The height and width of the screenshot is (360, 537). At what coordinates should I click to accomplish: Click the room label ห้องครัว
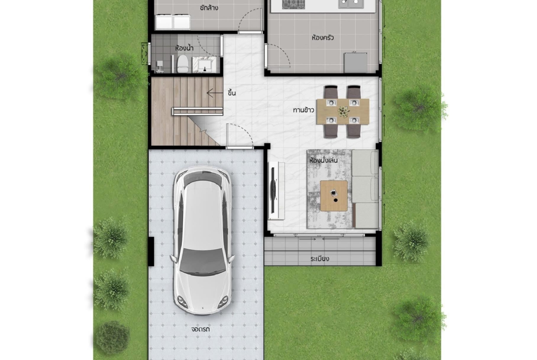[x=323, y=38]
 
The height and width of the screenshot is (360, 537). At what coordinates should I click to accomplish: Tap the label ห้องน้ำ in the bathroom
[x=184, y=48]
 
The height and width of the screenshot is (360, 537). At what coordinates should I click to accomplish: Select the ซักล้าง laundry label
[x=209, y=7]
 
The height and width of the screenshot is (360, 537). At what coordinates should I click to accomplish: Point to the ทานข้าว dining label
[x=303, y=110]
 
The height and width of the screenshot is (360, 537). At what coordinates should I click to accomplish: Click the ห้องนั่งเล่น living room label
[x=323, y=160]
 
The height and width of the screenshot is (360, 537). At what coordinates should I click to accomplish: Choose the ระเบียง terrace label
[x=320, y=259]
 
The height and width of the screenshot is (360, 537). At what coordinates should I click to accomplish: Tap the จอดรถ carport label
[x=201, y=329]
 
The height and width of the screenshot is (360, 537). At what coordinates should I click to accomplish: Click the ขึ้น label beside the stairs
[x=231, y=93]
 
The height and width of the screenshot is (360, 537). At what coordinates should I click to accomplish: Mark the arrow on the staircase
[x=215, y=93]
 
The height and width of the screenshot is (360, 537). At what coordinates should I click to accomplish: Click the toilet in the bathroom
[x=183, y=64]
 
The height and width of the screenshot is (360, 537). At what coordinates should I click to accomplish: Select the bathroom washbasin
[x=204, y=65]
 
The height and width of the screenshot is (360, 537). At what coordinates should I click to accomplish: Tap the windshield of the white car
[x=201, y=261]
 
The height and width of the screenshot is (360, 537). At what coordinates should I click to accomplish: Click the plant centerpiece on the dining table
[x=343, y=111]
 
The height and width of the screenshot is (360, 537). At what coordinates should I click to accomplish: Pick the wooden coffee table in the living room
[x=334, y=196]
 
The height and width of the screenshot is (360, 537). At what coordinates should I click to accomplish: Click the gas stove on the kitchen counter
[x=293, y=4]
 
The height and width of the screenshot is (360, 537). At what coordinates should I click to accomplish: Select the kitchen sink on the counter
[x=350, y=4]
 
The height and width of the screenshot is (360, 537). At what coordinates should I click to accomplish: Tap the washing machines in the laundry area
[x=173, y=22]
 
